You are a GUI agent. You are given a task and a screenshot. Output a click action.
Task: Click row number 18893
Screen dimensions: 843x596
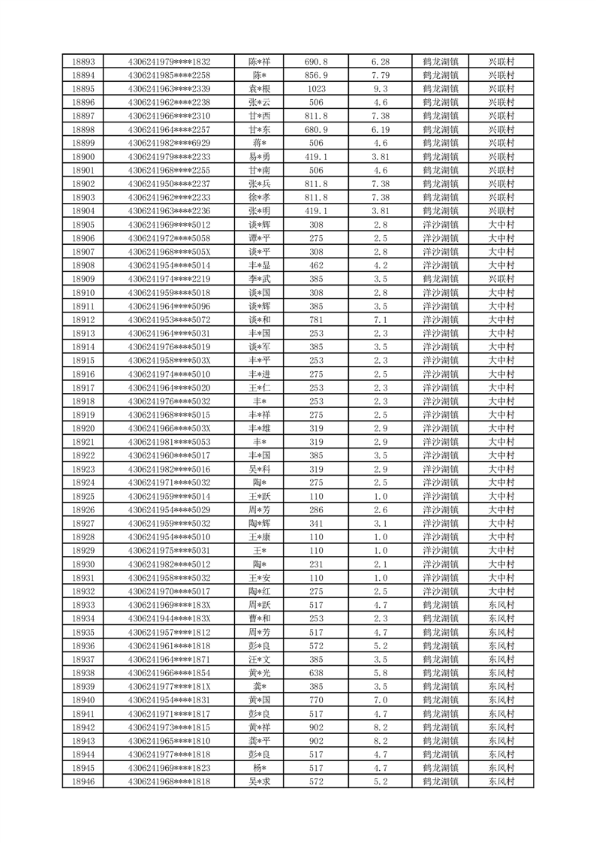click(x=83, y=62)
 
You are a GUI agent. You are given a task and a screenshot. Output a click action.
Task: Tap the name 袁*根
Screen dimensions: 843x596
click(x=260, y=89)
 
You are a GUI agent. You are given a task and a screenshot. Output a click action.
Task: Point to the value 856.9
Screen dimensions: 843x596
click(x=315, y=75)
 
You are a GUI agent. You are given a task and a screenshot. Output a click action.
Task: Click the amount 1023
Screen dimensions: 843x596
click(x=315, y=89)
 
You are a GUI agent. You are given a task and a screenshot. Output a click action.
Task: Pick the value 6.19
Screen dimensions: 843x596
click(x=380, y=129)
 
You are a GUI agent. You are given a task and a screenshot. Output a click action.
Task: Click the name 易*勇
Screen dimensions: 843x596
click(x=260, y=156)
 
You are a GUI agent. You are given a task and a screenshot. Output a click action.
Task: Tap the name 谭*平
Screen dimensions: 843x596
click(x=260, y=238)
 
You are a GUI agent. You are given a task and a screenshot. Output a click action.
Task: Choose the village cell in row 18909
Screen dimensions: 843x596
click(x=501, y=279)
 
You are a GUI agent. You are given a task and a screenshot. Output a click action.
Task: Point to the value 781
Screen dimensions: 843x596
click(x=315, y=319)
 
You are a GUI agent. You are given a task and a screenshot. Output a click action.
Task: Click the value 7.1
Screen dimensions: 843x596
click(x=380, y=319)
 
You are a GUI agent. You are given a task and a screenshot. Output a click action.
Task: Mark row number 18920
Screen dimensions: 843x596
click(x=83, y=428)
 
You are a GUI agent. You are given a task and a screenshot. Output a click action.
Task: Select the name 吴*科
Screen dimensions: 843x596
click(x=260, y=469)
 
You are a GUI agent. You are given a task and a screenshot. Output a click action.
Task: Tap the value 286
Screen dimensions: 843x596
click(x=315, y=509)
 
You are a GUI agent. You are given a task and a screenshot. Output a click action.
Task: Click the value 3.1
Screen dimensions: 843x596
click(x=380, y=523)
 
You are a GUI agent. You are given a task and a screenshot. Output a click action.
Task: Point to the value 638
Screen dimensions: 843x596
click(x=315, y=672)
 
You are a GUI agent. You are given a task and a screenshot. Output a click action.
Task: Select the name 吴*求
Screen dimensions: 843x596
click(x=260, y=781)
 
